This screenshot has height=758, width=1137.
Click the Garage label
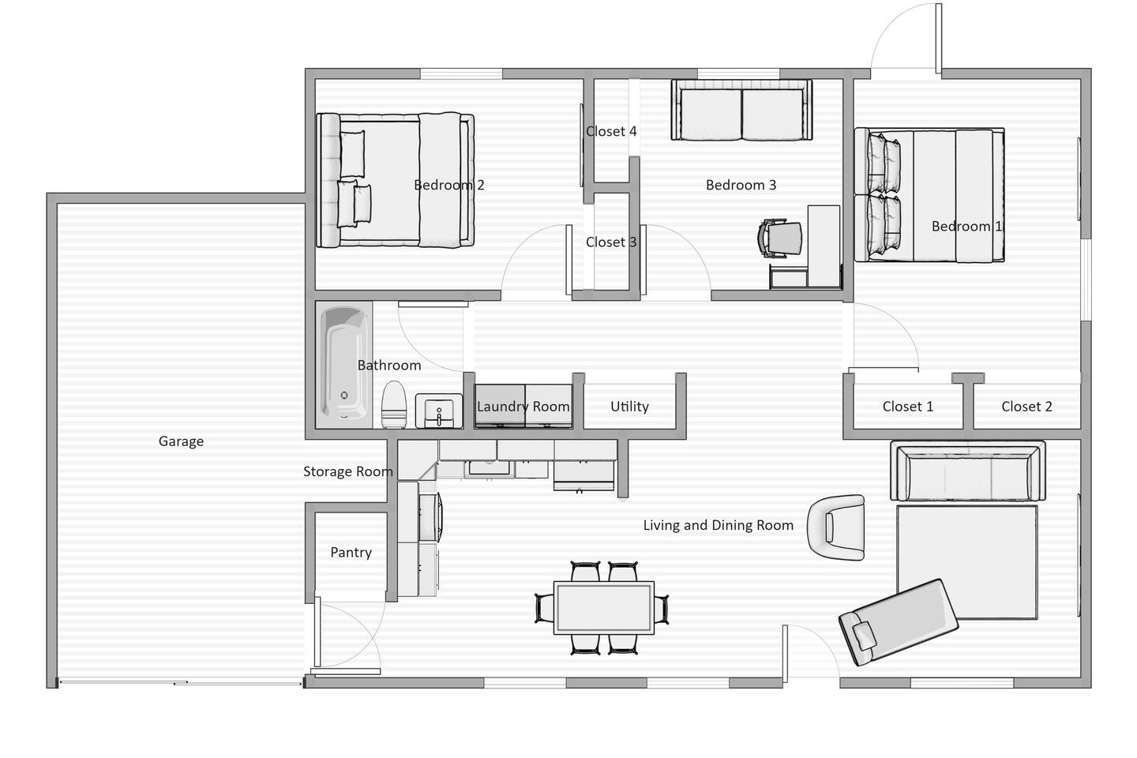[181, 441]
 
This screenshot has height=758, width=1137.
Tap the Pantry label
[351, 553]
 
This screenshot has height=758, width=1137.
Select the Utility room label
[629, 407]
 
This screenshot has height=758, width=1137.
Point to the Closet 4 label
[611, 132]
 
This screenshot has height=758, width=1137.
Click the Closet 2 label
[1026, 407]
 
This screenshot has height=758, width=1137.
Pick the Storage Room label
[348, 471]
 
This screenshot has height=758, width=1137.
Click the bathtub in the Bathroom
[344, 365]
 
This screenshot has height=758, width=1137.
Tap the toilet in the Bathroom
[394, 405]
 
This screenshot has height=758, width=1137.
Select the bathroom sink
[439, 411]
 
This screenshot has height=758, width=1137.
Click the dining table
[603, 608]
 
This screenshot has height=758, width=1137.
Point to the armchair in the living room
[836, 528]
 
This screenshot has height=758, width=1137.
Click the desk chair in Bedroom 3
[779, 238]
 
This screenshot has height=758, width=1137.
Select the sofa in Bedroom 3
[741, 110]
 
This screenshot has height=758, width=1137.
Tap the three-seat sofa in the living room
[967, 471]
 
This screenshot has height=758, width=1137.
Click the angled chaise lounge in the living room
[898, 622]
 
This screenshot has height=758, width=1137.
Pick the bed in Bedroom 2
[396, 180]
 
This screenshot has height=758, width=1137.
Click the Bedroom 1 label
[966, 227]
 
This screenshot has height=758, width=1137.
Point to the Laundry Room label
[523, 407]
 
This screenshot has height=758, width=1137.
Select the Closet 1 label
[907, 407]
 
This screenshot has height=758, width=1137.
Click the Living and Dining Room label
[719, 526]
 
